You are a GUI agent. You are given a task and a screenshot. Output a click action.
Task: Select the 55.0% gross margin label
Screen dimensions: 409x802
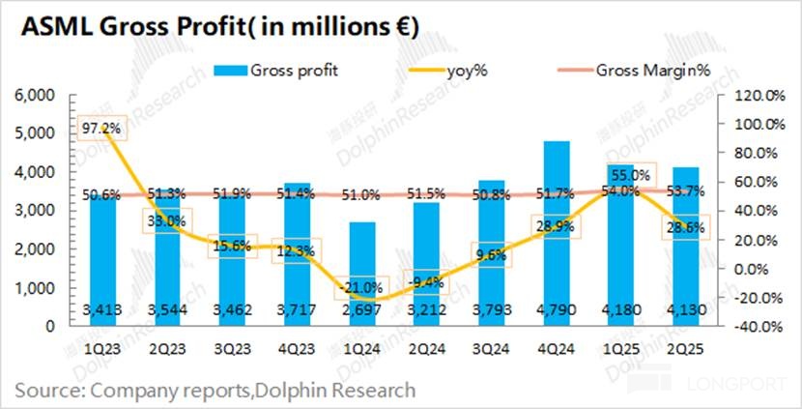[630, 175]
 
